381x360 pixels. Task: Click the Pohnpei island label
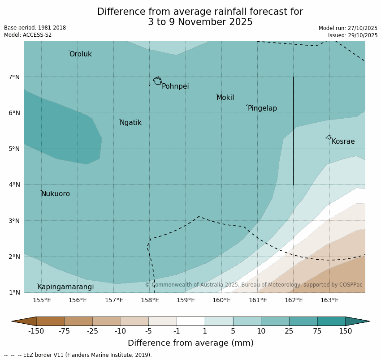click(x=175, y=86)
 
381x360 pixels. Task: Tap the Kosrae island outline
click(x=329, y=137)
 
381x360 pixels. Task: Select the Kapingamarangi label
click(x=65, y=287)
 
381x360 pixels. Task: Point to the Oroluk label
click(x=80, y=54)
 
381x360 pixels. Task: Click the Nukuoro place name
click(x=55, y=194)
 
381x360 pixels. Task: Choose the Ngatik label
click(x=130, y=123)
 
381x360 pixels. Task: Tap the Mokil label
click(x=225, y=98)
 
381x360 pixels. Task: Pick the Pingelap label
click(x=262, y=108)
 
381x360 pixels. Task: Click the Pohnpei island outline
click(x=157, y=81)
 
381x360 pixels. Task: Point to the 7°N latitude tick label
click(x=14, y=77)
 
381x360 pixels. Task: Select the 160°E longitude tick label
click(x=221, y=300)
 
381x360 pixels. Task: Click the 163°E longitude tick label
click(x=329, y=300)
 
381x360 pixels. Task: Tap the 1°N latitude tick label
click(x=14, y=292)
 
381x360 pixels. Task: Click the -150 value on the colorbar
click(x=36, y=331)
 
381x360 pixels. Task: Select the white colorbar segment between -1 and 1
click(x=190, y=321)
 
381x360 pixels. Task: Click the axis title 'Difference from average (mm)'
click(x=190, y=343)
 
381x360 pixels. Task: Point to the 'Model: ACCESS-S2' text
click(x=28, y=35)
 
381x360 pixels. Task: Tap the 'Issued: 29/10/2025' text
click(x=352, y=35)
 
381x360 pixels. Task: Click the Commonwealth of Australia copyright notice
click(x=253, y=285)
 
